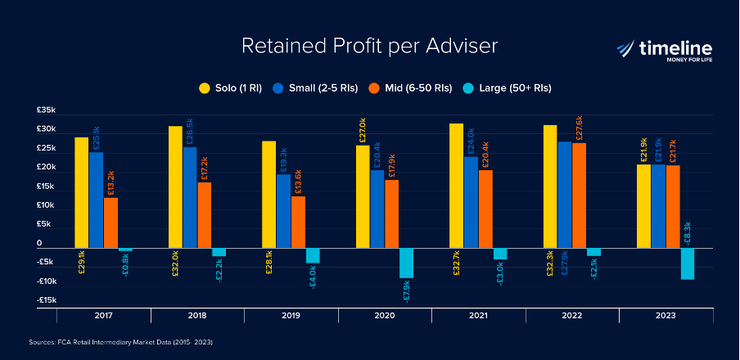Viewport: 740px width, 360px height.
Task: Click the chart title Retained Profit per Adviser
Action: pos(369,47)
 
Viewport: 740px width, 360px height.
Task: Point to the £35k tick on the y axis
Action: pos(46,110)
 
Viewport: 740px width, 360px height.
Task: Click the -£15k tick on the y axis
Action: pos(46,300)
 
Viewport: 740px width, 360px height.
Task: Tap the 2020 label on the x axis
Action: pos(385,315)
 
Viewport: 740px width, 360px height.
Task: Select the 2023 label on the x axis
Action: pos(666,315)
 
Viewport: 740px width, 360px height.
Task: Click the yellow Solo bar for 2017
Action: pos(82,192)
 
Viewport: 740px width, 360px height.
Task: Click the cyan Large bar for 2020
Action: pos(407,263)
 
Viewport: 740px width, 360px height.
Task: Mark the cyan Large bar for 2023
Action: pos(688,263)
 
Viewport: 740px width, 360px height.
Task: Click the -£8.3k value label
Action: pos(688,232)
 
